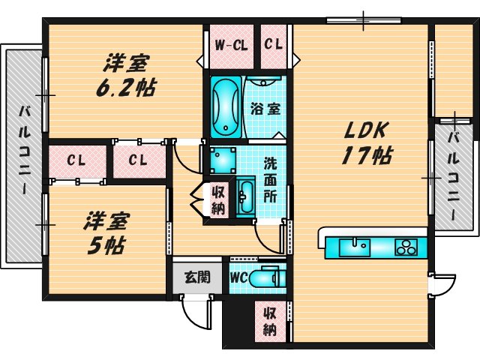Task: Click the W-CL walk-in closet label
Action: pos(231,46)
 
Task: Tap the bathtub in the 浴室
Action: pos(226,107)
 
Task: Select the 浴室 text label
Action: pos(265,109)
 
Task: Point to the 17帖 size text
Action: pos(367,155)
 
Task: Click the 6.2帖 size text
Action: pos(126,87)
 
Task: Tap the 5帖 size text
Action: pos(106,245)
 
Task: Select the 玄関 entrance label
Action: pos(197,277)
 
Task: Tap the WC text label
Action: pos(238,278)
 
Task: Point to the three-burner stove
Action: pos(406,247)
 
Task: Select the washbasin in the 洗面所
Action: pos(245,196)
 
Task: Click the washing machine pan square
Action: pos(223,159)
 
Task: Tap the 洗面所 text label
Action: pos(270,180)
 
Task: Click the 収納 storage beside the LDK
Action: pos(270,322)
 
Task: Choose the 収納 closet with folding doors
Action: pos(218,200)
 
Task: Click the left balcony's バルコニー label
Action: pos(25,151)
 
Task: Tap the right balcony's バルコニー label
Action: pos(454,175)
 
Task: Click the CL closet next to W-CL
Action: pos(273,45)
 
